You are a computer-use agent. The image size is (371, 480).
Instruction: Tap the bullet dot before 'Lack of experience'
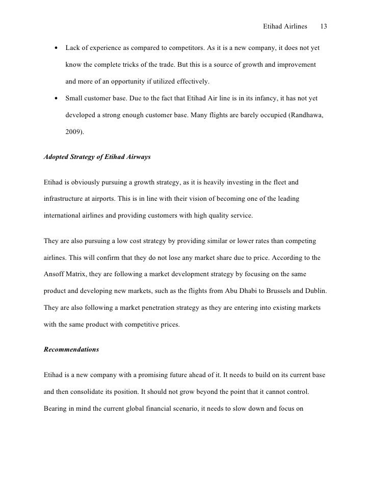point(55,48)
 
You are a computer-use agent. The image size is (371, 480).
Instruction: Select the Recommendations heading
point(71,350)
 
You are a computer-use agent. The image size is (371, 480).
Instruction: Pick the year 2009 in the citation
point(74,132)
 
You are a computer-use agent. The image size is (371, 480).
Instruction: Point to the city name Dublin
point(312,290)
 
